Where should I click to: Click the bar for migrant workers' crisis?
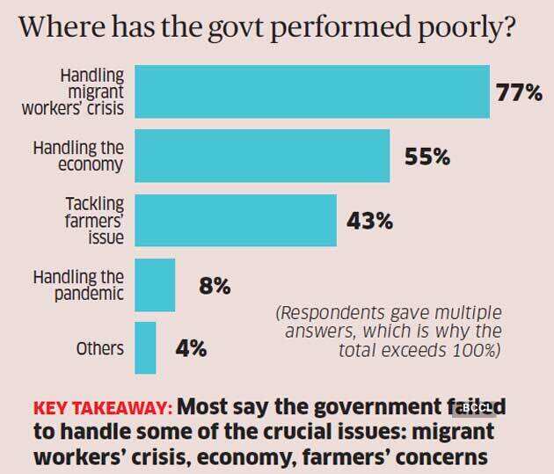[311, 91]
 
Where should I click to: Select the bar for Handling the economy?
[261, 157]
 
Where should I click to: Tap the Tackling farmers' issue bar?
[235, 220]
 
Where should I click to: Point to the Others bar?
[145, 347]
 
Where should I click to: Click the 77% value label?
[519, 92]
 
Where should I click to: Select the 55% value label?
[426, 157]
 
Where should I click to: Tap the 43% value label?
[369, 221]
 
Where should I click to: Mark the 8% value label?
[214, 286]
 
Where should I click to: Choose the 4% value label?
[190, 348]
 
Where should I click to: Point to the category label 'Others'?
[100, 348]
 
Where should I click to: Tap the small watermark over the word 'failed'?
[476, 408]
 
